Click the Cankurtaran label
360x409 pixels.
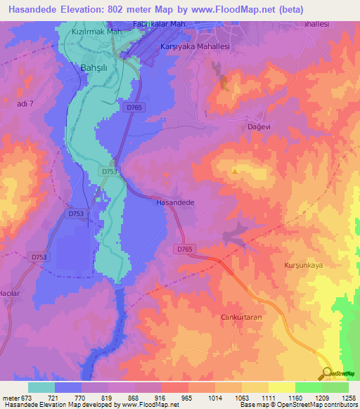coord(241,317)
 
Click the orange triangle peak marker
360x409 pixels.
coord(234,171)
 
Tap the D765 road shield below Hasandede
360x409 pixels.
coord(184,249)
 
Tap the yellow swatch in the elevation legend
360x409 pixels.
coord(281,387)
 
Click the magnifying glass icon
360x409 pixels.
coord(326,373)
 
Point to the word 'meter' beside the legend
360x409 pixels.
coord(11,398)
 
